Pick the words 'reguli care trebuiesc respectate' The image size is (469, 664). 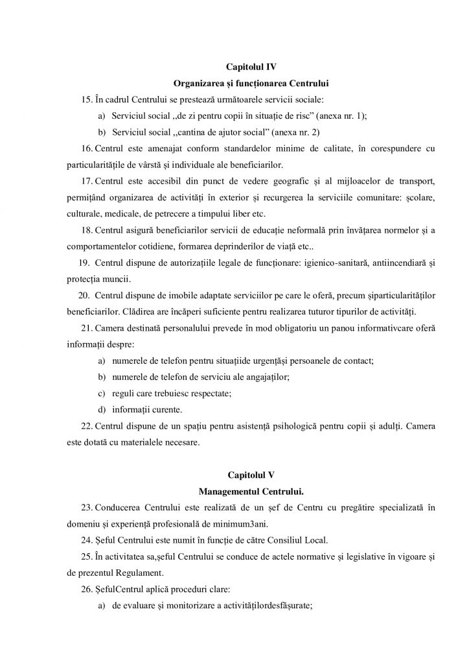(x=171, y=394)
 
